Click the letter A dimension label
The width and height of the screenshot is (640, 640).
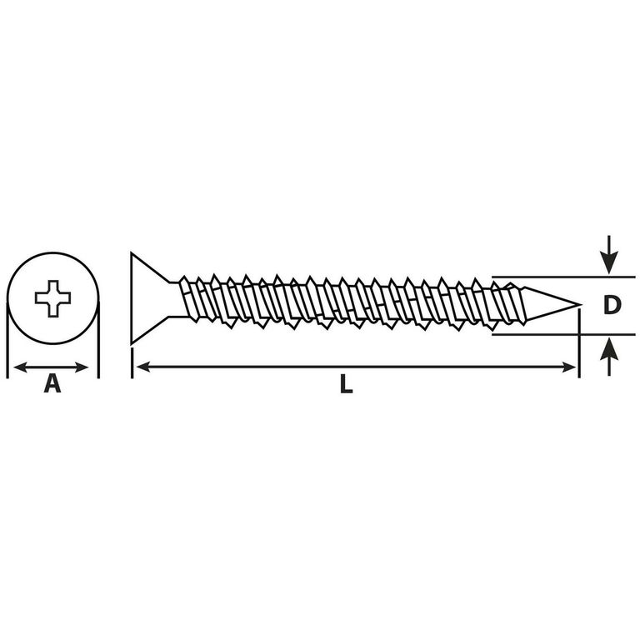click(52, 384)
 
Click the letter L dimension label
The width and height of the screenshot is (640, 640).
click(346, 384)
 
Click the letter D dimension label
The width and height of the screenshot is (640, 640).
click(612, 305)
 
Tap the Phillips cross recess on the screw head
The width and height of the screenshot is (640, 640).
click(52, 298)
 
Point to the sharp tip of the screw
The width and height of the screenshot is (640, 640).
click(580, 304)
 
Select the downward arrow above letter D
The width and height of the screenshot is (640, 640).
click(609, 254)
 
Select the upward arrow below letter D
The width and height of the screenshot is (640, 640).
click(609, 357)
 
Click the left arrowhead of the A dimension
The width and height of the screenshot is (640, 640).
click(20, 367)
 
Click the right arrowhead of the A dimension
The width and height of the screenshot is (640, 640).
click(82, 367)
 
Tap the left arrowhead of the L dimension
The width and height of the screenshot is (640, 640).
click(143, 367)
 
